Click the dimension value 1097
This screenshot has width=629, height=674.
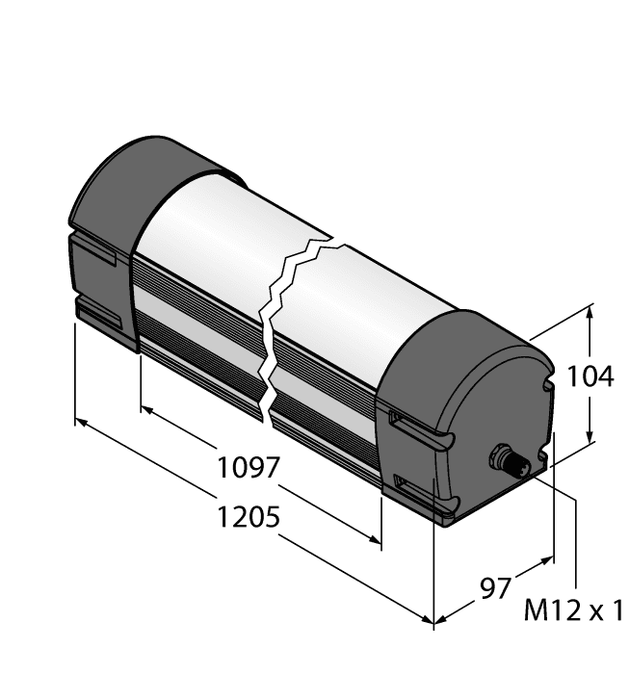tap(248, 469)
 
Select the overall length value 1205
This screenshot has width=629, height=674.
tap(248, 517)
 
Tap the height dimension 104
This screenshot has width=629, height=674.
tap(590, 377)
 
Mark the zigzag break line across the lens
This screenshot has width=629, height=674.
tap(282, 318)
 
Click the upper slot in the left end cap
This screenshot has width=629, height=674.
tap(96, 255)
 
